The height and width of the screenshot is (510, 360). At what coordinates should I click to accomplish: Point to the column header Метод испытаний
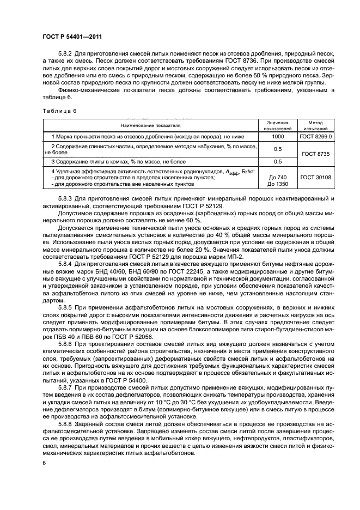316,125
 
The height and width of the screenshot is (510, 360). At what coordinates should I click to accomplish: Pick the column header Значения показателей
278,125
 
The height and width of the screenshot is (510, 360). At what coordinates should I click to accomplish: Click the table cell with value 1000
278,136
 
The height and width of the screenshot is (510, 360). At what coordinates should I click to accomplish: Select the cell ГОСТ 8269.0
316,136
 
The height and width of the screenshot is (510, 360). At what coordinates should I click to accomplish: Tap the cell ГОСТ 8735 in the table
316,155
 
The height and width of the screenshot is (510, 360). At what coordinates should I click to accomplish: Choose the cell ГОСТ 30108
316,178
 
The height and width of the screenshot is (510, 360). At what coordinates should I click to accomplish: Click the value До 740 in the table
278,178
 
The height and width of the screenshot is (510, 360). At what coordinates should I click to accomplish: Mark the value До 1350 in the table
278,184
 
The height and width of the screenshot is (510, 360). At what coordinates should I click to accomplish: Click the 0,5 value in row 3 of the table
278,162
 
